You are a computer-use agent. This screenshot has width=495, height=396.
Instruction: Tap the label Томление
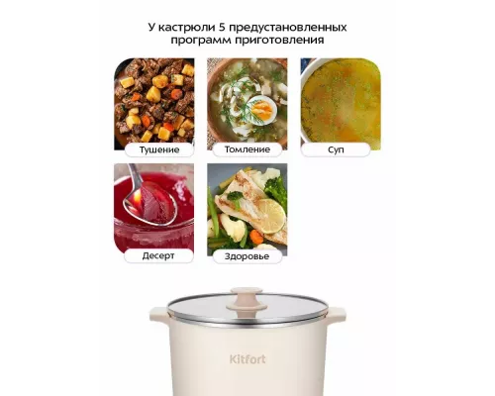pyautogui.click(x=247, y=149)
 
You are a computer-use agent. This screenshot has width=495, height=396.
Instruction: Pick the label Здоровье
pyautogui.click(x=247, y=255)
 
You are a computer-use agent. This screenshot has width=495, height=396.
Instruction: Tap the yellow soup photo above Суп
pyautogui.click(x=339, y=99)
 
